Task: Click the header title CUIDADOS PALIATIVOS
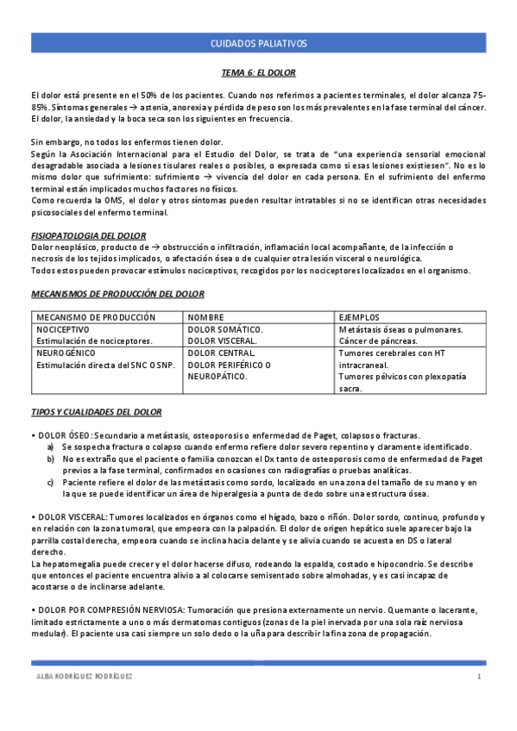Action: pos(259,43)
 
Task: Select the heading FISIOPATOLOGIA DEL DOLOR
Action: pos(88,235)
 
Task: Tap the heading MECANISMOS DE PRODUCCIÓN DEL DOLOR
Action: pos(117,294)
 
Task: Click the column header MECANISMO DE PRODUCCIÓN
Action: pos(96,317)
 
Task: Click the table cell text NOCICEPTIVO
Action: pos(63,329)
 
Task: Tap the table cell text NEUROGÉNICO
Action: pos(64,353)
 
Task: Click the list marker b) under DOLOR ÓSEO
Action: pos(51,459)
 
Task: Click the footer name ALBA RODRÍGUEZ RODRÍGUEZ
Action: pos(82,678)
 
